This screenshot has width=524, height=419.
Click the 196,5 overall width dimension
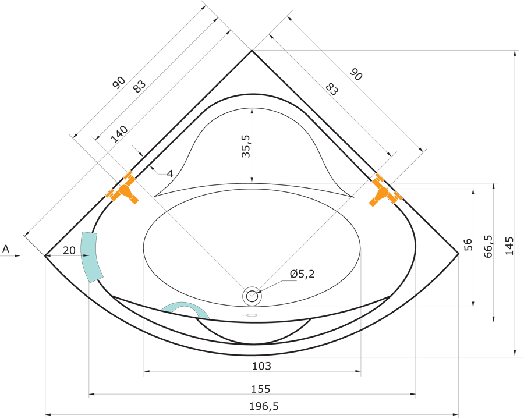point(263,406)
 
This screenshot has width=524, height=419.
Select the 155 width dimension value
point(260,389)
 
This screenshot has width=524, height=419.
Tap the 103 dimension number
point(261,366)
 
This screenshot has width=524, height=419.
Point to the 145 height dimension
point(509,246)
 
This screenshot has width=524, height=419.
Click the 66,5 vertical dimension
point(488,246)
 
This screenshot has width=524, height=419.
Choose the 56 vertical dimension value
point(468,244)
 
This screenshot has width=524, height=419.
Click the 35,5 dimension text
point(246,146)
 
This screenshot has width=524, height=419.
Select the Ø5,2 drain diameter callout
point(302,274)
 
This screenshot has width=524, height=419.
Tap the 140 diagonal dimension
point(119,134)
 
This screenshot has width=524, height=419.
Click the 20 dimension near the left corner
point(69,250)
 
